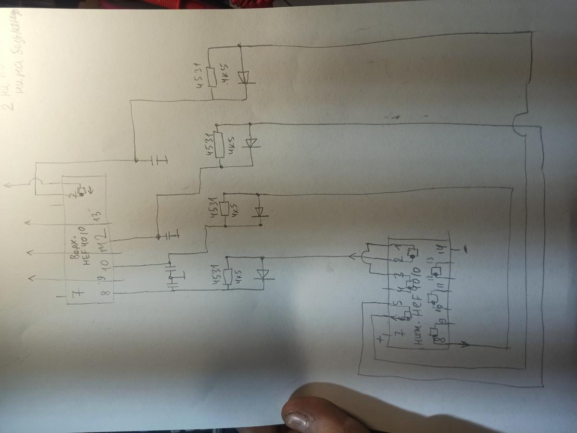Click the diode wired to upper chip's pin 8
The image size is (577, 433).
coord(263,274)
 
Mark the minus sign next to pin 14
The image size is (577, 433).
coord(465,248)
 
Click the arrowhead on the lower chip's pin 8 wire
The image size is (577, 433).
coord(464,344)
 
